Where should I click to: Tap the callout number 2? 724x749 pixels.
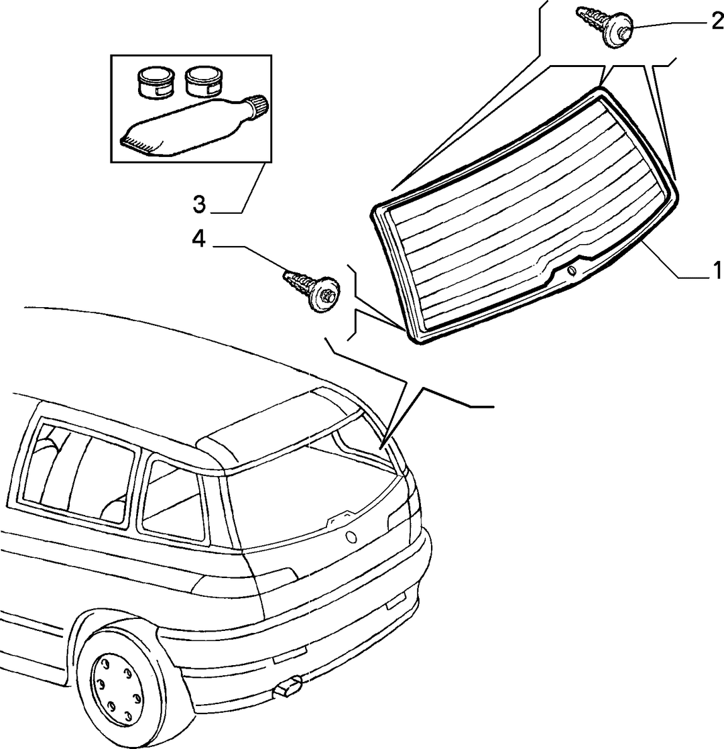pyautogui.click(x=717, y=21)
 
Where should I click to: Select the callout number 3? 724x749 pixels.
pyautogui.click(x=199, y=205)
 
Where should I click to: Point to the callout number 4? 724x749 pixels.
pyautogui.click(x=198, y=238)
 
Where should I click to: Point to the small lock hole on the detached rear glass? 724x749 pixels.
pyautogui.click(x=572, y=271)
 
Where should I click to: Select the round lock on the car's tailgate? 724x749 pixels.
pyautogui.click(x=351, y=537)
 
